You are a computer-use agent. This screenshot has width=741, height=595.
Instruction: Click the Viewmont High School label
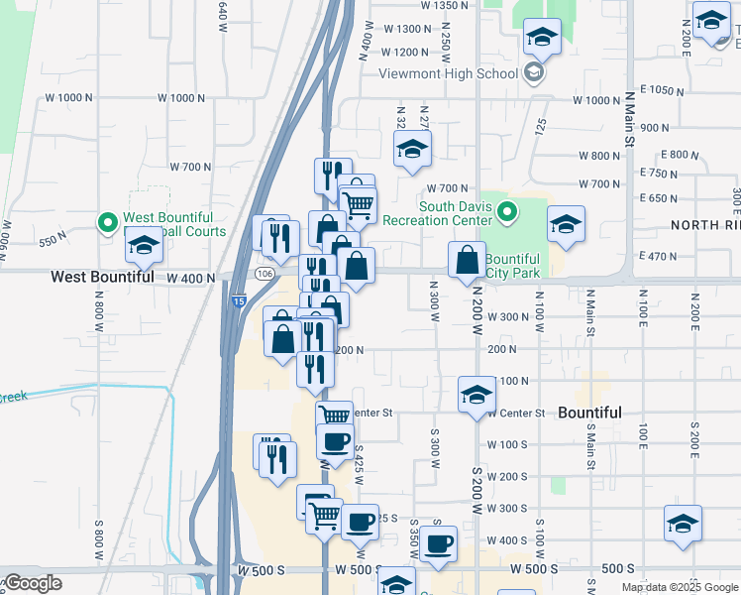coord(448,72)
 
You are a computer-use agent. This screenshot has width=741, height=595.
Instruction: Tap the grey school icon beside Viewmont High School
coord(534,72)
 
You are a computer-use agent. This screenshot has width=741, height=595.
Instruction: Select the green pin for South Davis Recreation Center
coord(508,212)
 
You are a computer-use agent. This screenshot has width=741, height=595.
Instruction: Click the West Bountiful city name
coord(102,278)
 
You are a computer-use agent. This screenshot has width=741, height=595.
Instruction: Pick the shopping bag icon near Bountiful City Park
coord(467,261)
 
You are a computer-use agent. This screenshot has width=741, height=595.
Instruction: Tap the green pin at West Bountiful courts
coord(107,221)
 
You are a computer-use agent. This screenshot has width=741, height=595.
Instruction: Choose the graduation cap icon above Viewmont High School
coord(541,39)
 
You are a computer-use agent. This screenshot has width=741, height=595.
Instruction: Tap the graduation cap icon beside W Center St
coord(476,395)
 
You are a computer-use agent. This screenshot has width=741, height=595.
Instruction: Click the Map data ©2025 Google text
coord(680,587)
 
